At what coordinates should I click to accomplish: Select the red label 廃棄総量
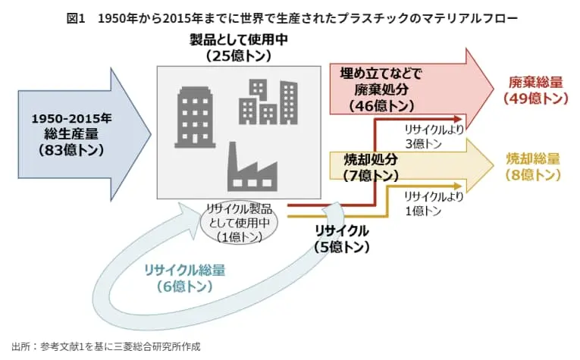(535, 83)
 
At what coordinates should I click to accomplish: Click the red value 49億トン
(535, 99)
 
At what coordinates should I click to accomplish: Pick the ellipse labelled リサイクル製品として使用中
(239, 222)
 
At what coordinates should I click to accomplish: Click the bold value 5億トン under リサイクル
(341, 246)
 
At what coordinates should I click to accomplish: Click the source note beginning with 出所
(106, 346)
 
